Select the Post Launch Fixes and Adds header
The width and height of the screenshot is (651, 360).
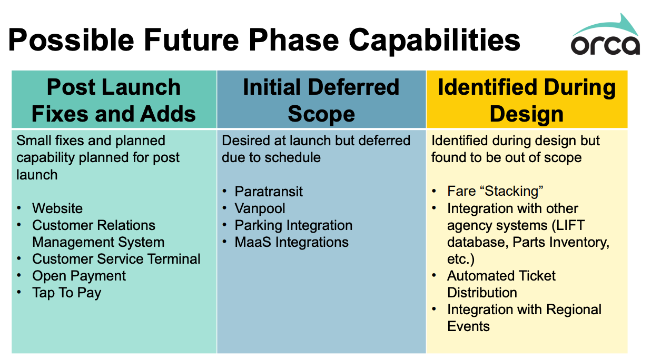114,100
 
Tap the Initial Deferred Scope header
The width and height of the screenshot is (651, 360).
321,100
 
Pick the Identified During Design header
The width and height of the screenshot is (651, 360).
527,100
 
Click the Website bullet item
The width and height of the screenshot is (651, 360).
57,208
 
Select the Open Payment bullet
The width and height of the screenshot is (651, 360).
79,276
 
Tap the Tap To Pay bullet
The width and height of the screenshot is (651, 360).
66,293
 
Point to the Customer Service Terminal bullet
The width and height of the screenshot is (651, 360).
116,259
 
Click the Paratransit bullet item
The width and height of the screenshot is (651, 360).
269,192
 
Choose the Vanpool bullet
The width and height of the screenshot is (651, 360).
260,208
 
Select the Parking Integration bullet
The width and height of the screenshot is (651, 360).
293,225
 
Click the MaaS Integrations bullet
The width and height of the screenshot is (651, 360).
291,242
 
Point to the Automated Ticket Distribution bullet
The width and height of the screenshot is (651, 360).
501,284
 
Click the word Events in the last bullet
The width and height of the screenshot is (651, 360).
468,326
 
